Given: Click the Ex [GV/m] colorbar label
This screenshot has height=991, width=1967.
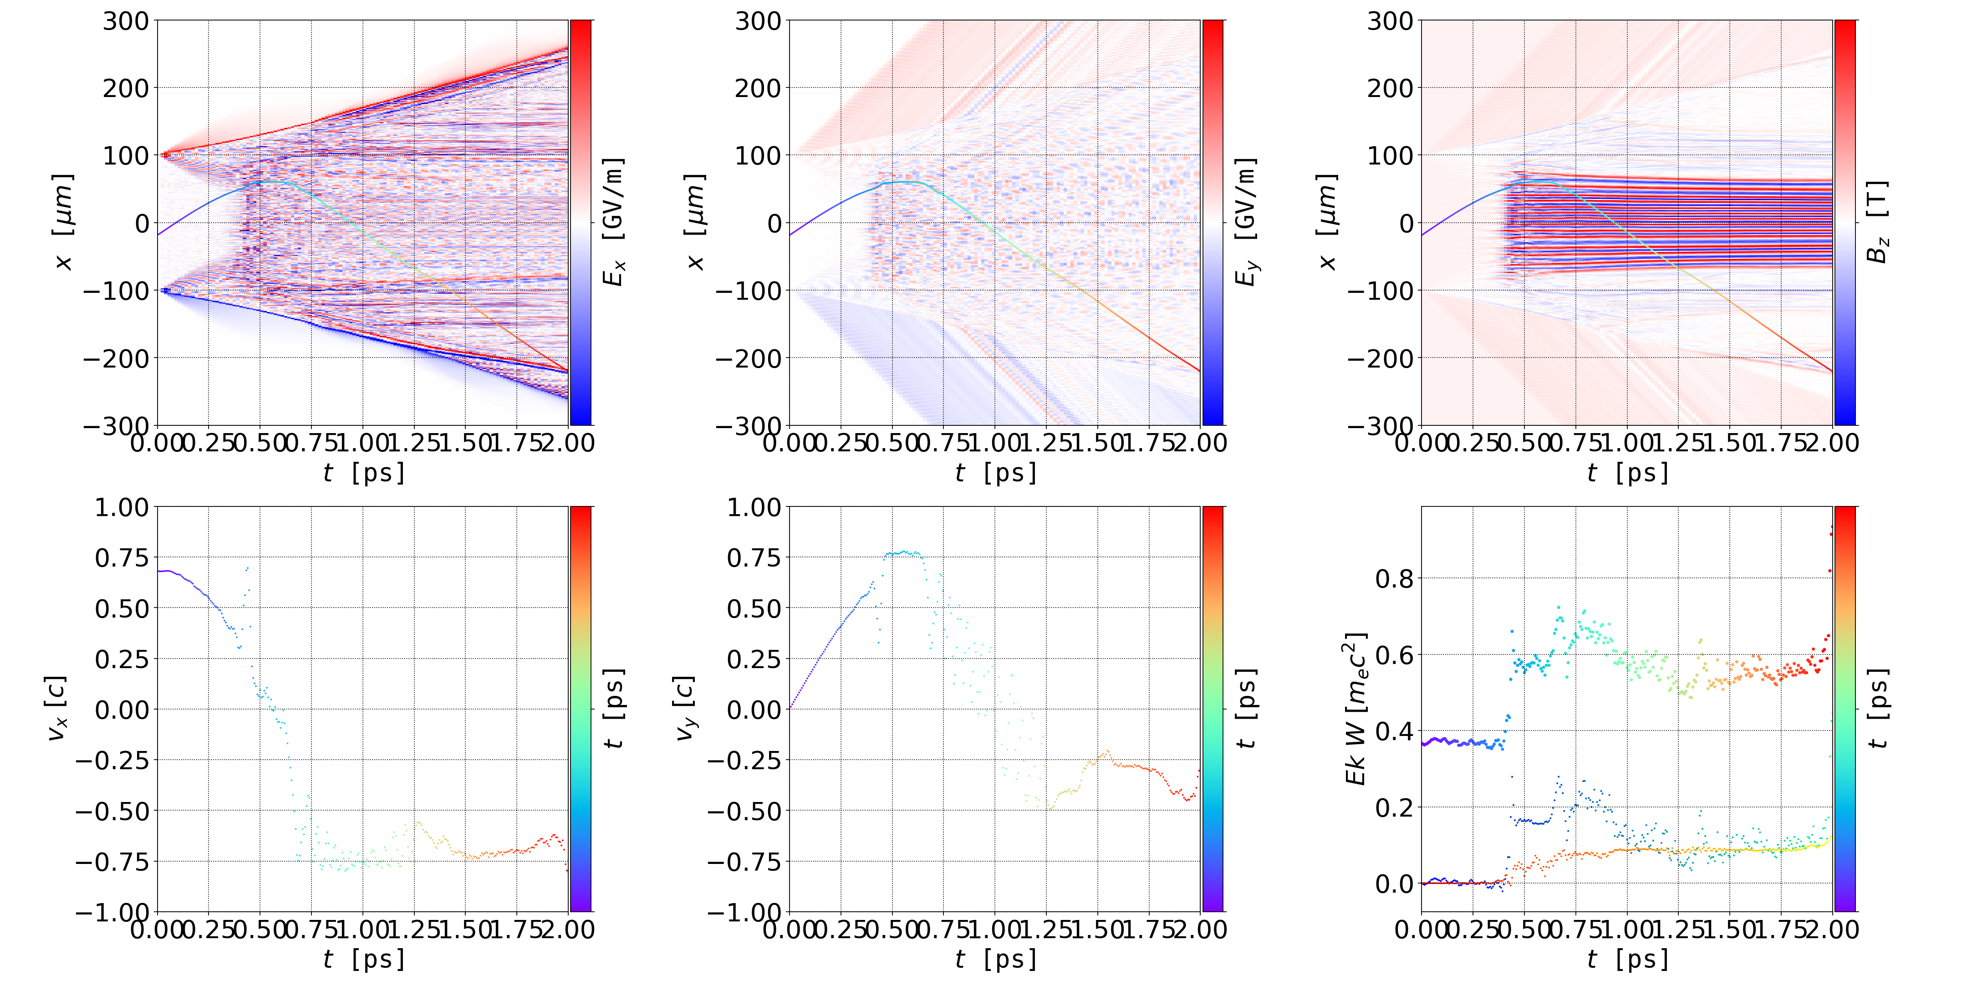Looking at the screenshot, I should tap(613, 222).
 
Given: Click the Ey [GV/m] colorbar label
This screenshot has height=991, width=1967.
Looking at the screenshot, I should tap(1245, 222).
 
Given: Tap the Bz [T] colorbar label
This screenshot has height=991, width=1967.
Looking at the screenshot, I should tap(1878, 222).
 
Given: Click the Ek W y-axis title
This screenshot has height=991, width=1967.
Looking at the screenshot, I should tap(1356, 709).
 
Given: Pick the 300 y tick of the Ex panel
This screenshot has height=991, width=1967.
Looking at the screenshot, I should tap(126, 21).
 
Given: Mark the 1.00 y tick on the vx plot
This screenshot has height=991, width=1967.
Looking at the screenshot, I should tap(122, 508).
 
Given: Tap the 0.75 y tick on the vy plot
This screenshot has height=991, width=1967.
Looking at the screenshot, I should tap(754, 558).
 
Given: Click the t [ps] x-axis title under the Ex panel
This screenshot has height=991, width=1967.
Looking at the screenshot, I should tap(363, 473).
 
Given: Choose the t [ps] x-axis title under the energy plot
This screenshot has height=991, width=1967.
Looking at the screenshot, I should tap(1627, 959).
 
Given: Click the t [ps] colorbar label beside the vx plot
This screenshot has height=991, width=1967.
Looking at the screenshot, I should tap(613, 709).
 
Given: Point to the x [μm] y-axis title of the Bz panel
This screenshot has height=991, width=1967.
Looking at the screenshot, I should tap(1328, 222).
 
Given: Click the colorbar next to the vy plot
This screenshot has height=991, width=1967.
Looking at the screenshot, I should tap(1213, 709).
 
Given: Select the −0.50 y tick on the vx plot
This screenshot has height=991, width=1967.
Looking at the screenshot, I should tap(112, 811).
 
